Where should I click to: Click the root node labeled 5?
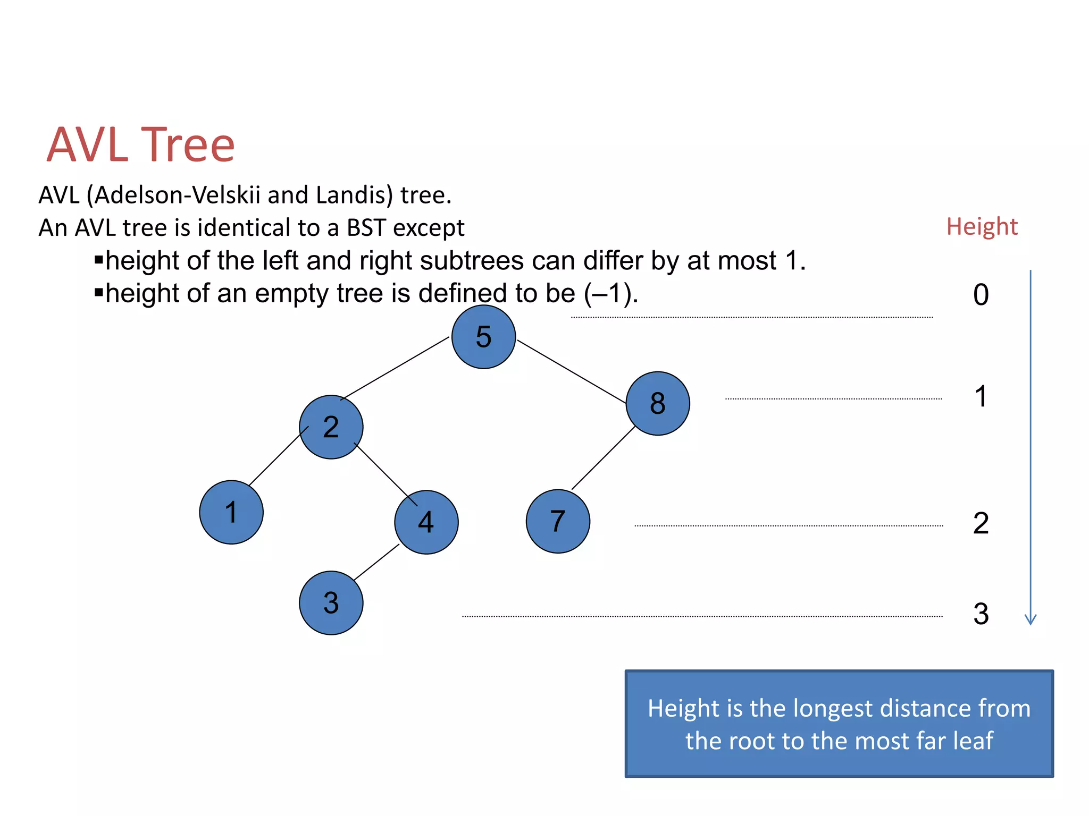pos(483,337)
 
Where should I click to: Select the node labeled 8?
pos(658,403)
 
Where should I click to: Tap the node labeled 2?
pos(331,427)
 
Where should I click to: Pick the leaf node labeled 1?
pos(231,512)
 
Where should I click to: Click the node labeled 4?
pos(426,522)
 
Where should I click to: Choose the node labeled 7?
pos(558,521)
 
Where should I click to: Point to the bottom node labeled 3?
pos(331,603)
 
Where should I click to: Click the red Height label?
pos(982,227)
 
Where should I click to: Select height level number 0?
pos(981,295)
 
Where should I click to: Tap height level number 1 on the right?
pos(981,396)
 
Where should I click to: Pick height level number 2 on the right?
pos(981,523)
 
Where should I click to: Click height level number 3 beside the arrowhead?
pos(981,614)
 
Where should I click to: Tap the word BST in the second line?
pos(367,228)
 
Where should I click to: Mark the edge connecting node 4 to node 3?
pos(376,562)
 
